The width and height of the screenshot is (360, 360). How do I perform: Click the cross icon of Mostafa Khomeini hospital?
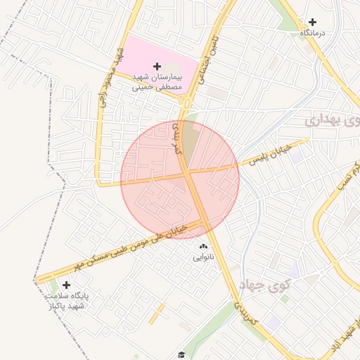[156, 65]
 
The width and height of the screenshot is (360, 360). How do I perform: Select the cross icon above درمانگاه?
[313, 22]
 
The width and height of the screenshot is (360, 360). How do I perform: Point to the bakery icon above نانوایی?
[204, 247]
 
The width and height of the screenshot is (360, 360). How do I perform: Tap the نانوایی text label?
[205, 258]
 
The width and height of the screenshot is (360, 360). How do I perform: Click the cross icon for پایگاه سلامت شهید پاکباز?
[66, 285]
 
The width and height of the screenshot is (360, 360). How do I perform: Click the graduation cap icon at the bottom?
[181, 354]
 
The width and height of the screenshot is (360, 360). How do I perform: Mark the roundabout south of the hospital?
[186, 103]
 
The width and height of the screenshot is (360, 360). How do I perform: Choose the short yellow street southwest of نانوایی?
[157, 313]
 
